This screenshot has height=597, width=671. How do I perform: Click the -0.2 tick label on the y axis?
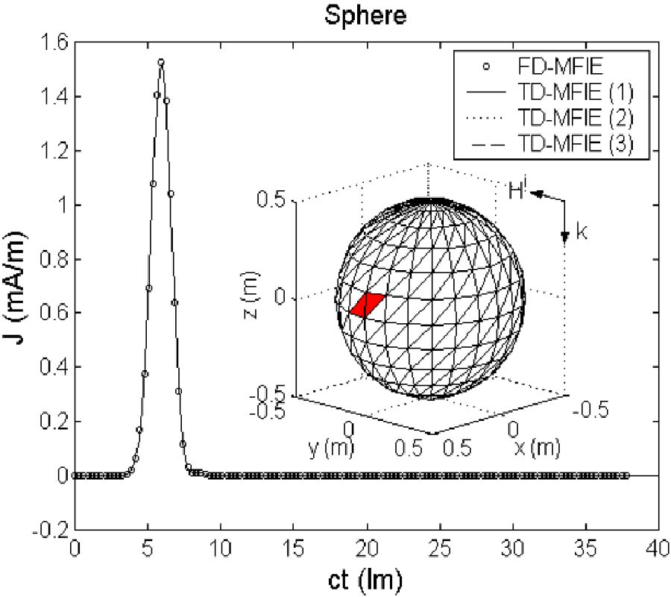51,530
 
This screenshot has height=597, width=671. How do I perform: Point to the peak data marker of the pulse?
160,62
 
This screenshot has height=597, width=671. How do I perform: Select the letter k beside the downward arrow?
582,232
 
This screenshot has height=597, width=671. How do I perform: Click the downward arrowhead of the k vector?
565,237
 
